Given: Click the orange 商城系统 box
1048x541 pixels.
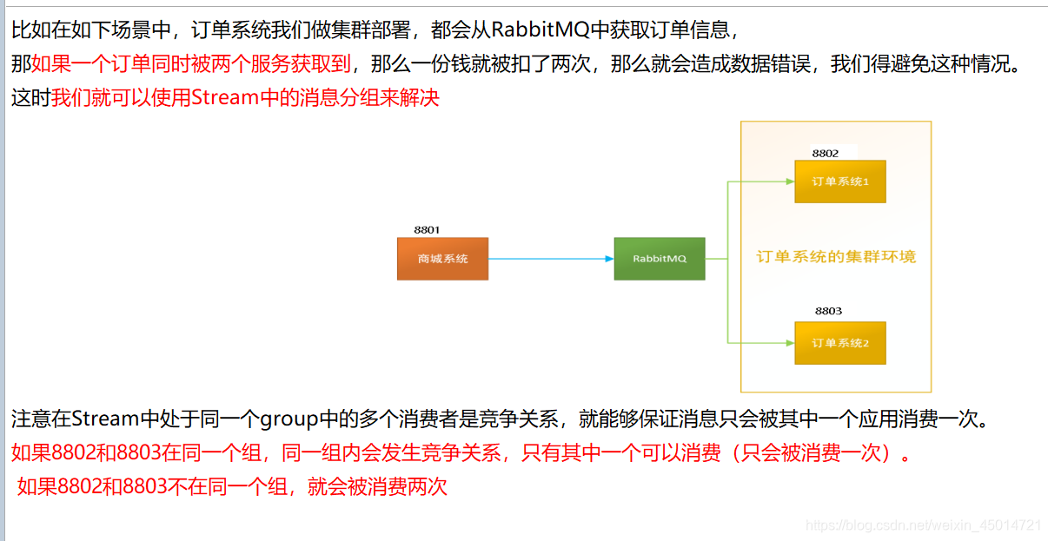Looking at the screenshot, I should [x=442, y=259].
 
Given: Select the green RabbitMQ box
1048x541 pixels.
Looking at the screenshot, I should [x=660, y=259].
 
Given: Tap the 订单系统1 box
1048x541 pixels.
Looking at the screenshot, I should [x=840, y=181].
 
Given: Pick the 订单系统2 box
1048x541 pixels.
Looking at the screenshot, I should [x=840, y=343].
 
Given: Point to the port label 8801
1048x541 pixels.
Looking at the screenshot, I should [x=427, y=230].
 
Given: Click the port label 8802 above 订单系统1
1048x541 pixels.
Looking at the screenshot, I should [x=826, y=153].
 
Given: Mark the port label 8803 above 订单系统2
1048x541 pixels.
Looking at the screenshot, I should [x=828, y=311].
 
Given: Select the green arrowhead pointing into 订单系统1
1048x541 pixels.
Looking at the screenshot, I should [x=789, y=181].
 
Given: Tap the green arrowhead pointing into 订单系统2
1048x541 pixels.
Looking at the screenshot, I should [x=789, y=343].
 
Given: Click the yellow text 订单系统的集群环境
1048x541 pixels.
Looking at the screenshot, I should [x=836, y=257].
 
